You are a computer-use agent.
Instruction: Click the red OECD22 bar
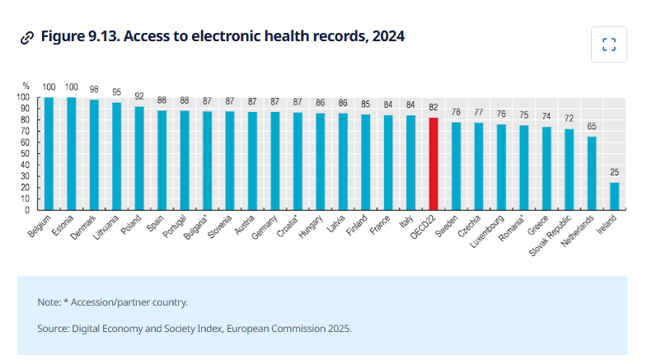[434, 163]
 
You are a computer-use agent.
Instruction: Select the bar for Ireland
[614, 196]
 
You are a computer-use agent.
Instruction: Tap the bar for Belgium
[49, 153]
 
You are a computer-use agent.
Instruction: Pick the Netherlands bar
[592, 173]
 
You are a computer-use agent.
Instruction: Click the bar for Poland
[139, 157]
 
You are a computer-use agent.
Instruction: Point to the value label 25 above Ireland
[614, 171]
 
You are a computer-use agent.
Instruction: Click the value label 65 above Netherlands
[592, 126]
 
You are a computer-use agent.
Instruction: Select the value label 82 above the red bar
[434, 107]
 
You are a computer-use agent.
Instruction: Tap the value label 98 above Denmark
[94, 89]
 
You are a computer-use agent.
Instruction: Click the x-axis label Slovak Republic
[553, 234]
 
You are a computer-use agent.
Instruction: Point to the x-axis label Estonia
[63, 225]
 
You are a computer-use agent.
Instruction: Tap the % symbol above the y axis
[26, 86]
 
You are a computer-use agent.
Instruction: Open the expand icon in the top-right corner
[609, 44]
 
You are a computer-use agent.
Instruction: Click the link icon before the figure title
[27, 37]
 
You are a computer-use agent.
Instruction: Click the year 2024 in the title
[387, 36]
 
